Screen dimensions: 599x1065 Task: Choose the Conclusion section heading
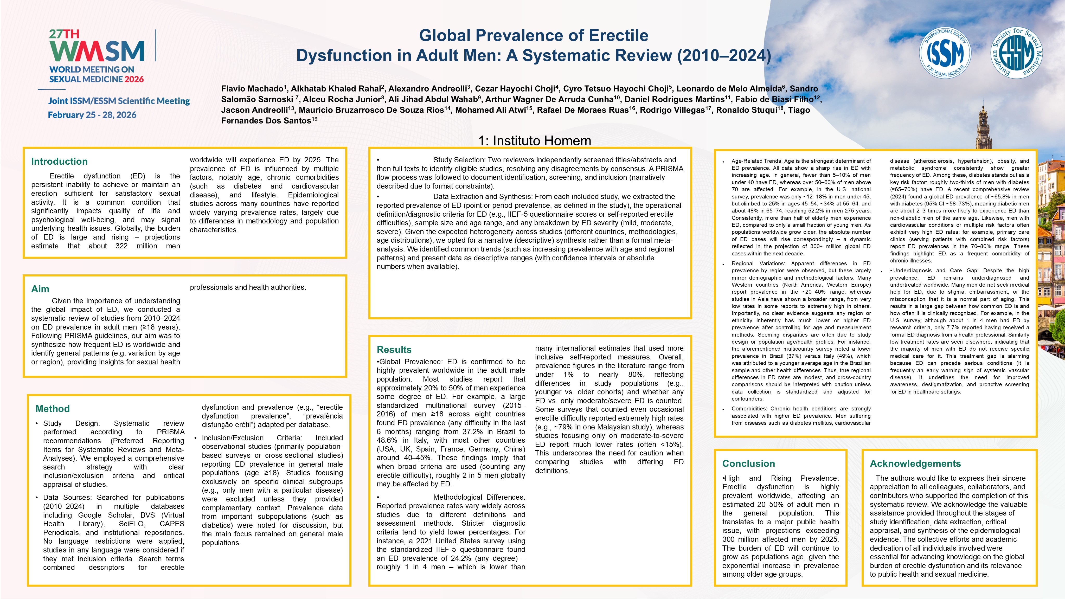(748, 464)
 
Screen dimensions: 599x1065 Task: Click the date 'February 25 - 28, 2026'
(92, 115)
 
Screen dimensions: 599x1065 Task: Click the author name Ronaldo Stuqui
(747, 110)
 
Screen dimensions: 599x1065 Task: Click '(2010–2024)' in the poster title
(723, 55)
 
